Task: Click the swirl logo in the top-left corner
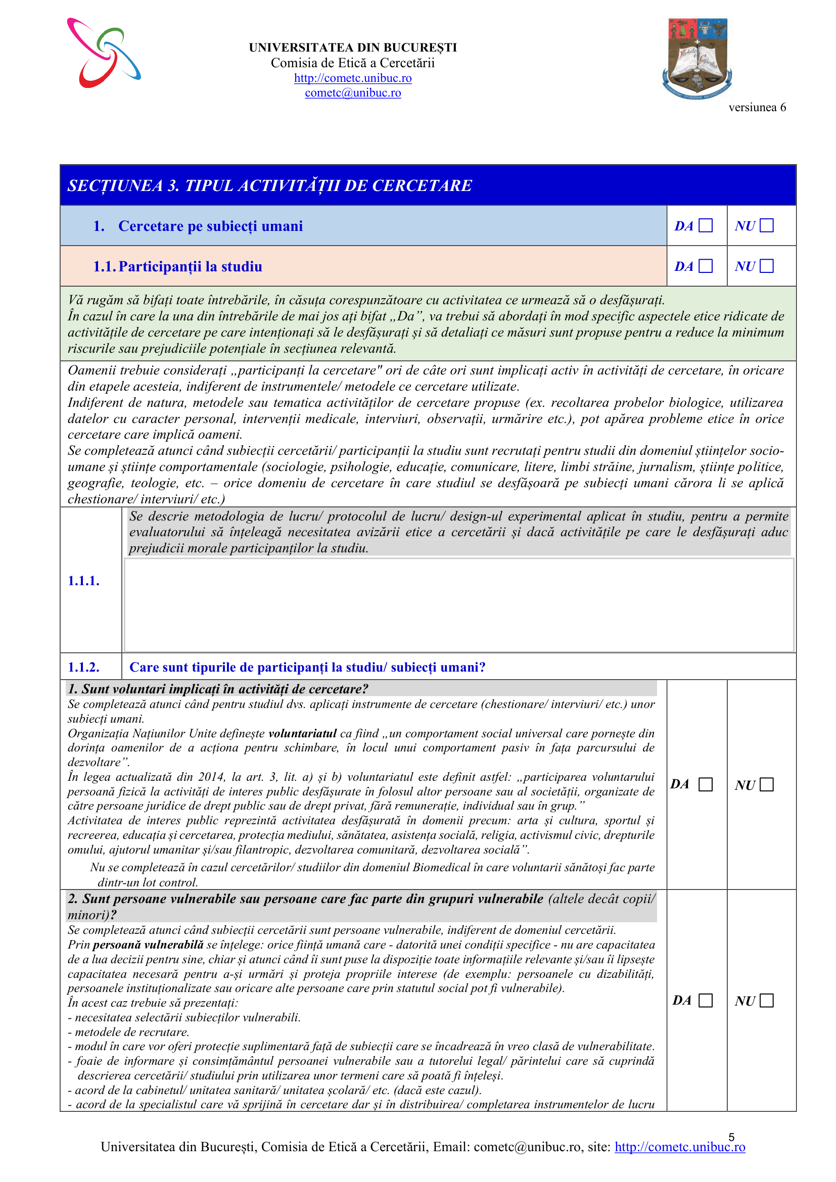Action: click(x=104, y=53)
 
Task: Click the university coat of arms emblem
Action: click(x=697, y=58)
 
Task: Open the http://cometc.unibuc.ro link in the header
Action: click(x=353, y=78)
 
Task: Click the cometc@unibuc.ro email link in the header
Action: click(x=353, y=92)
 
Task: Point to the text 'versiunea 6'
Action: click(x=757, y=107)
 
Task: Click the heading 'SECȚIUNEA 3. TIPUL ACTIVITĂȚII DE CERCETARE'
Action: click(x=270, y=185)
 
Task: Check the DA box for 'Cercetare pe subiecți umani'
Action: click(x=706, y=225)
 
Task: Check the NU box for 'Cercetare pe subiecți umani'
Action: click(x=767, y=225)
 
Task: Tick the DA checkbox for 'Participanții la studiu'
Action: click(x=706, y=266)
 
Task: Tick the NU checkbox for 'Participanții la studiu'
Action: click(x=767, y=266)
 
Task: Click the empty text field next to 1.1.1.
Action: click(x=458, y=605)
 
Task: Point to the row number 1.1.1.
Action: click(x=83, y=581)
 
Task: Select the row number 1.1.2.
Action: click(x=83, y=667)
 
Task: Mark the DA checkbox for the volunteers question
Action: click(x=706, y=785)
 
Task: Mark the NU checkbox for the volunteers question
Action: click(x=767, y=785)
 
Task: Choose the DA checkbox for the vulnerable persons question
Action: click(x=706, y=1000)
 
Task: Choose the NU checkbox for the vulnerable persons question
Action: click(x=767, y=1000)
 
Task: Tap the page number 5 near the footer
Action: click(x=731, y=1137)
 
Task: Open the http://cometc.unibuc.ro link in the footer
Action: click(x=679, y=1147)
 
